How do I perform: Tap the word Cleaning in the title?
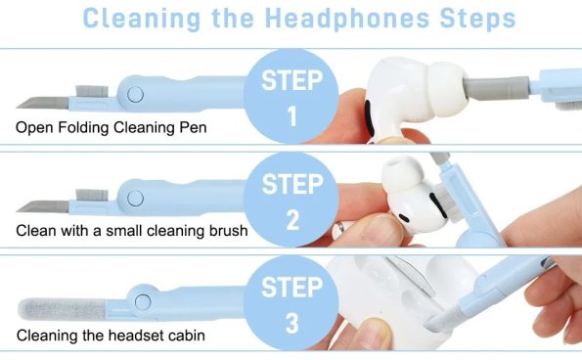pos(138,19)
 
